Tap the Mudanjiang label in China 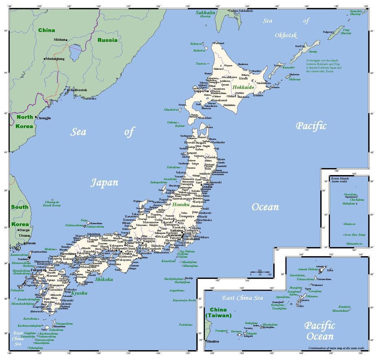55,59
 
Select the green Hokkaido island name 243,87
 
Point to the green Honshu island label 181,205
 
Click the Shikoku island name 104,279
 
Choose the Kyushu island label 79,293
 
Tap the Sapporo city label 201,91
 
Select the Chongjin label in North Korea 44,118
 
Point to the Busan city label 31,243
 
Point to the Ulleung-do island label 52,204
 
